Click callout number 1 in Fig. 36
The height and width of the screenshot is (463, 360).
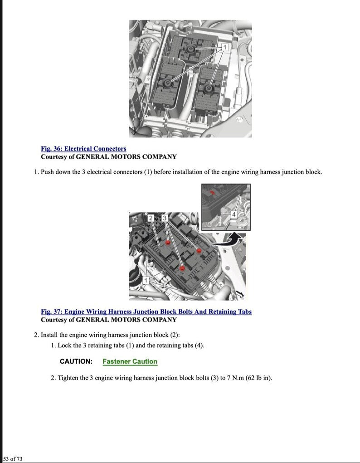click(224, 47)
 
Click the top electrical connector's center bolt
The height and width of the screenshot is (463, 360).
click(189, 49)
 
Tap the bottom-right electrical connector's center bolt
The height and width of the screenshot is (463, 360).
click(209, 87)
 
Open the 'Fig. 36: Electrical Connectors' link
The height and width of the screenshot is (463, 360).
click(83, 149)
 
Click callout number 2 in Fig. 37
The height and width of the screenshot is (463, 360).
click(151, 218)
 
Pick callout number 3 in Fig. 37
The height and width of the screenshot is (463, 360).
click(165, 218)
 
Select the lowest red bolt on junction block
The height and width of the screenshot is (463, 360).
click(182, 268)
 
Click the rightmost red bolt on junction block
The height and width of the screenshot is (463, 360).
click(199, 250)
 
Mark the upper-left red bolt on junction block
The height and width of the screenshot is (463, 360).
click(168, 243)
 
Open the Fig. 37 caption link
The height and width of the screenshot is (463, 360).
click(146, 312)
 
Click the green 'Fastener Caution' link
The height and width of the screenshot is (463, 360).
click(130, 361)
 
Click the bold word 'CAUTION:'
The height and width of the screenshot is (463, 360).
click(76, 361)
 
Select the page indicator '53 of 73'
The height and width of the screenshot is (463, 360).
click(13, 459)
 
